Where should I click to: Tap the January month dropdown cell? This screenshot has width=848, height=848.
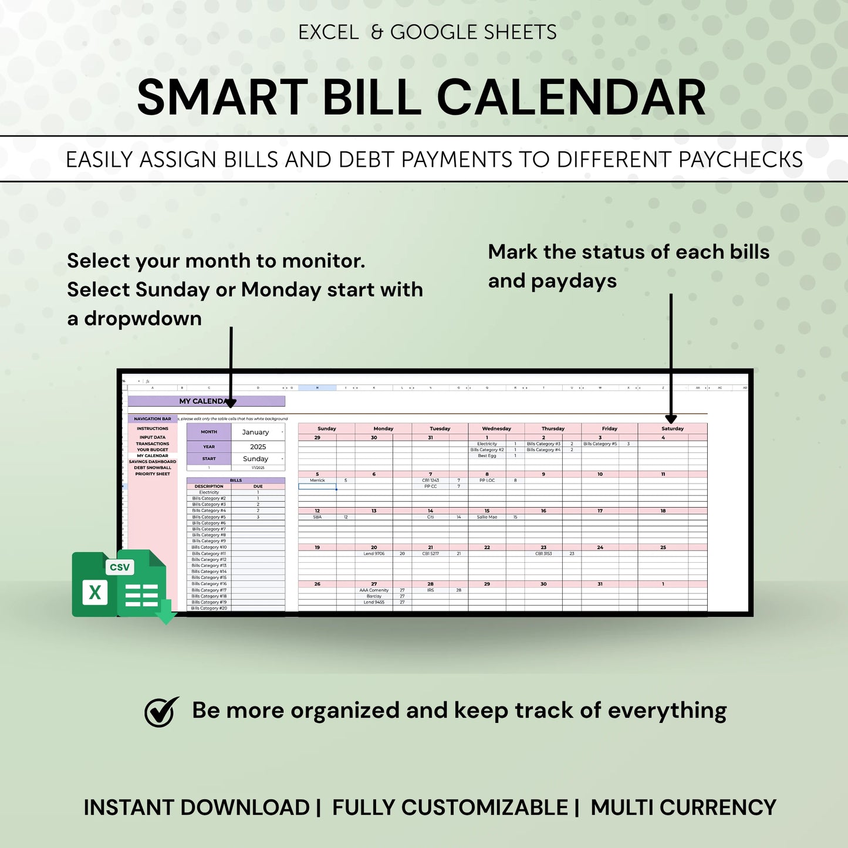255,432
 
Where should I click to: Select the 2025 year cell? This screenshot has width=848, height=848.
258,447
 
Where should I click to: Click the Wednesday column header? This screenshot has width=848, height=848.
496,428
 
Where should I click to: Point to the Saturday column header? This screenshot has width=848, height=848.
673,428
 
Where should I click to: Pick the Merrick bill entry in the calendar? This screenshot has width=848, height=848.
317,480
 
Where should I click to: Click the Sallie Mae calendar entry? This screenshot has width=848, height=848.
487,517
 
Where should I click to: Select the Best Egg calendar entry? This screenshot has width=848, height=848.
487,455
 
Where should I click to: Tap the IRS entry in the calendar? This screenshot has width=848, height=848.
430,590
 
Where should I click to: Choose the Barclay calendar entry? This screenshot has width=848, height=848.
374,596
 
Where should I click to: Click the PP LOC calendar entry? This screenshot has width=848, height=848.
487,480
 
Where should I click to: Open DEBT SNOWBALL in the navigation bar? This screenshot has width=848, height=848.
153,468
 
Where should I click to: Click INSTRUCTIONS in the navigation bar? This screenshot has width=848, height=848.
153,428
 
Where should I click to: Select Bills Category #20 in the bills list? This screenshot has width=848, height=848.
209,609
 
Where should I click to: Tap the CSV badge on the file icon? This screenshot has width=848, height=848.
120,567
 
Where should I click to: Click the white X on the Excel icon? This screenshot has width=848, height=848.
94,592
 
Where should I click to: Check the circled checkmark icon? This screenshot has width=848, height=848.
161,712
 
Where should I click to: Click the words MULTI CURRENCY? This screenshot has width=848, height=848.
683,808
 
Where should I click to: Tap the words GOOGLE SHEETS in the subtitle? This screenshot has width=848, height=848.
473,32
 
